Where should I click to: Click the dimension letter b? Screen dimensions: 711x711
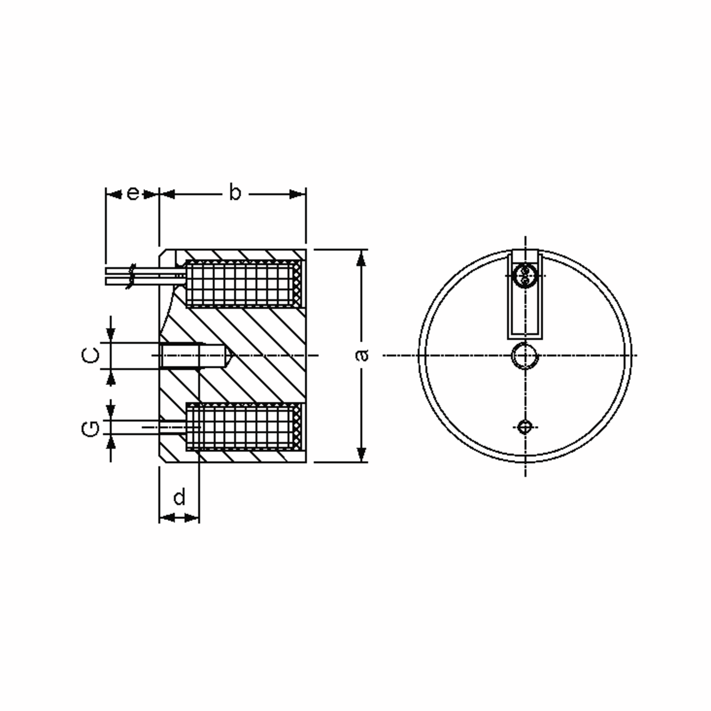235,193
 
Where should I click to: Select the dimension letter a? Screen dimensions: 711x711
362,355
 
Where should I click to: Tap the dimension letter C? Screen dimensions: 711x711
90,355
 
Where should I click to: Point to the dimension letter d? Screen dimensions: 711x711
179,498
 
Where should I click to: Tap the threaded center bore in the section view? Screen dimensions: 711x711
180,355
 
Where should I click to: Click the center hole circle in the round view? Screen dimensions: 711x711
525,355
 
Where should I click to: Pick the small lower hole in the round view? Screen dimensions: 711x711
524,427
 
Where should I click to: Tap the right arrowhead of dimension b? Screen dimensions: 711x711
297,194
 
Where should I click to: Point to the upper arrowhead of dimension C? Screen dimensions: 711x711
111,334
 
